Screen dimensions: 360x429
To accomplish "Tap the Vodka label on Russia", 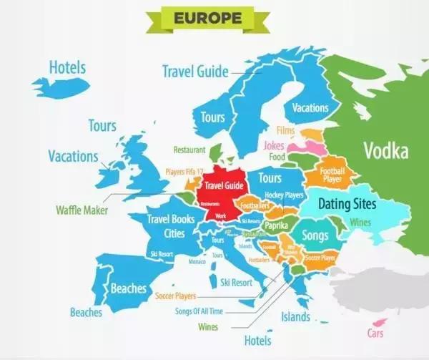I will [385, 151].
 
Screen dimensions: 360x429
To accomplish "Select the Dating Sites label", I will [346, 204].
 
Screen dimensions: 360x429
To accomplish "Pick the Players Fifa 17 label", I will [185, 172].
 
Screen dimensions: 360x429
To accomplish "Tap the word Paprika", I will [276, 225].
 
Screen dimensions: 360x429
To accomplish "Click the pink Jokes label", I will [275, 145].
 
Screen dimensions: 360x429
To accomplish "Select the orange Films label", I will [286, 131].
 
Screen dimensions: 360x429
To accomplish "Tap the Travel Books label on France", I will [170, 219].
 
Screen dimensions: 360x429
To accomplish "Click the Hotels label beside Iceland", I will [67, 68].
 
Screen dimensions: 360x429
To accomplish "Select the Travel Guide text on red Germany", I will [225, 185].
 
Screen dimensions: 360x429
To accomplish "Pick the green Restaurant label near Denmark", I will [189, 150].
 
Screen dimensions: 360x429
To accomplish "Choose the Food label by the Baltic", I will [277, 157].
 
